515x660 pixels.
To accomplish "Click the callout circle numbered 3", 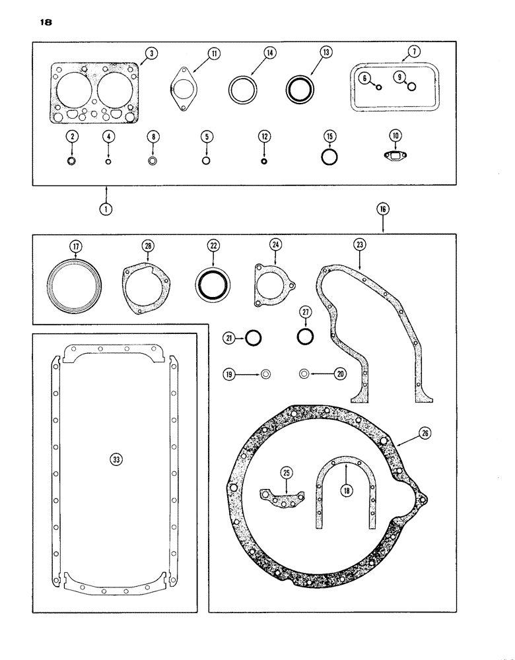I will click(x=151, y=54).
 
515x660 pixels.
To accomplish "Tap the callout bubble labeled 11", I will click(x=213, y=54).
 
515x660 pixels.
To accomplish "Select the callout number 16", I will click(x=384, y=209).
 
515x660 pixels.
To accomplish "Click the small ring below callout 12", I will click(x=264, y=162).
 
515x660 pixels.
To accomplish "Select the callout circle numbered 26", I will click(x=423, y=434).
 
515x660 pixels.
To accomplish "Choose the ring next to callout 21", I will click(x=253, y=339).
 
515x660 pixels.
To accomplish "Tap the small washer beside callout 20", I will click(x=305, y=374).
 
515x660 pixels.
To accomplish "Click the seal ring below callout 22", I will click(x=213, y=284).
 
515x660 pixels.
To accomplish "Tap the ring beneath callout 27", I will click(x=305, y=337).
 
